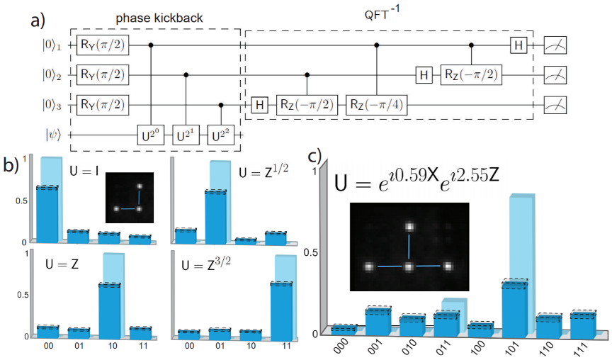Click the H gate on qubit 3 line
[260, 104]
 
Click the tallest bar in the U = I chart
[47, 213]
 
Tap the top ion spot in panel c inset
[409, 227]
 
